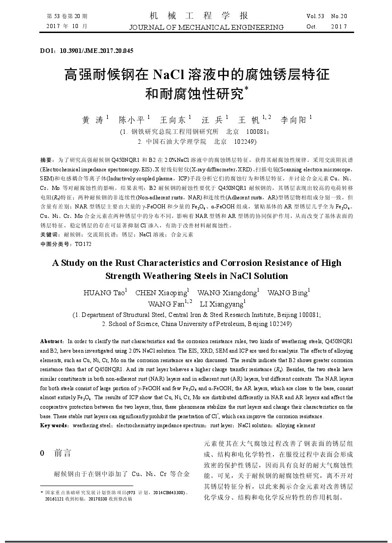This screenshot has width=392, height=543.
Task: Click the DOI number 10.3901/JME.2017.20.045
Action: click(96, 51)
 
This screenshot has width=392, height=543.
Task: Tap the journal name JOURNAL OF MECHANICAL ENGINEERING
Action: click(206, 27)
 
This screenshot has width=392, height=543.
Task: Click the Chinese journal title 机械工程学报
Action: click(199, 16)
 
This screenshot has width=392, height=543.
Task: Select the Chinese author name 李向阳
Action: click(294, 120)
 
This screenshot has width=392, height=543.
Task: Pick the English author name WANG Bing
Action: click(287, 293)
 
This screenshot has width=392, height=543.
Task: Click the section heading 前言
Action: click(62, 453)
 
